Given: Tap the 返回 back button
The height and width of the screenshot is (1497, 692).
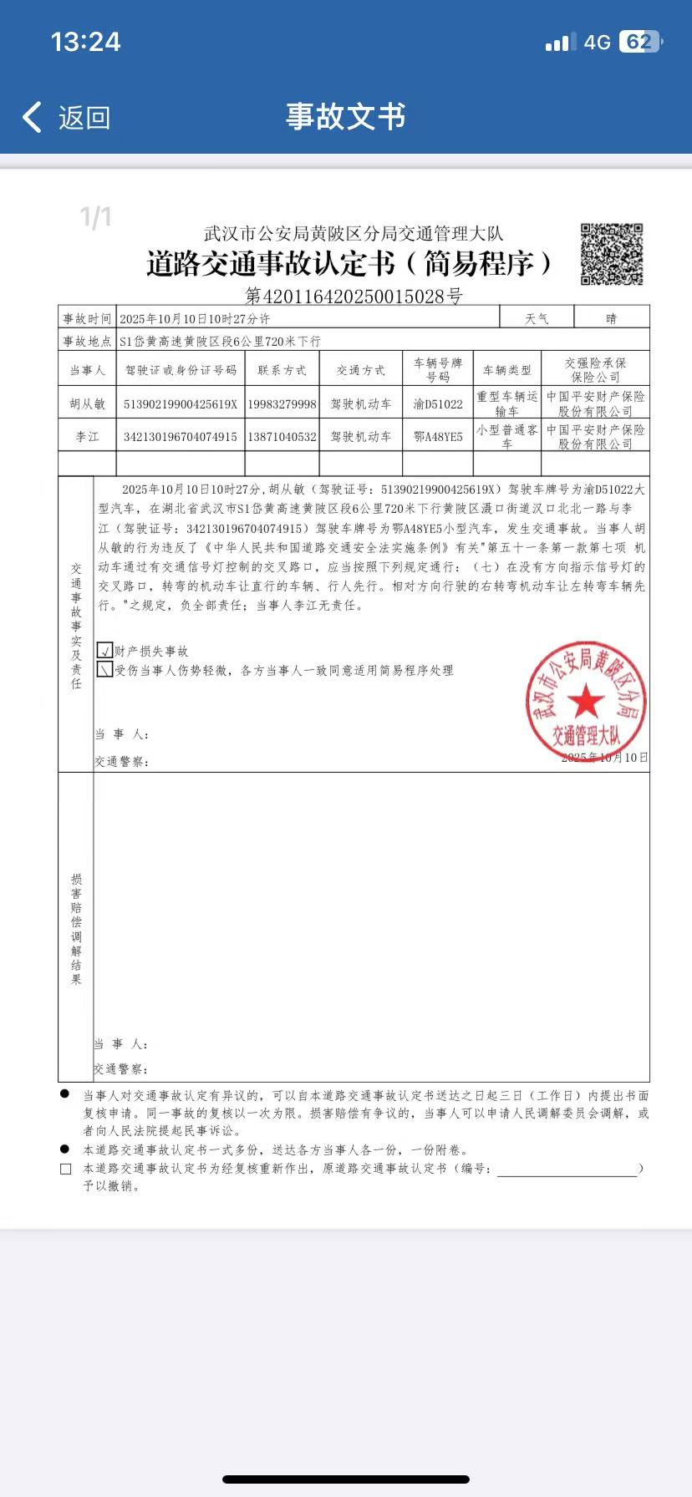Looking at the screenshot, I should [x=67, y=118].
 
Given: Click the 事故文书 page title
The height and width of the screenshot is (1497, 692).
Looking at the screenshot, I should [x=345, y=116].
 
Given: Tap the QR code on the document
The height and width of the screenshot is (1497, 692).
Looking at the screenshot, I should [x=612, y=254].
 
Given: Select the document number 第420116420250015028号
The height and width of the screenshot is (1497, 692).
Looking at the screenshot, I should [x=354, y=296].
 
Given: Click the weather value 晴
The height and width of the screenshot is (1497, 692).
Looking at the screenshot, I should [x=611, y=318].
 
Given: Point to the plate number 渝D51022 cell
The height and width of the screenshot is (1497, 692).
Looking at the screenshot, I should [x=438, y=403].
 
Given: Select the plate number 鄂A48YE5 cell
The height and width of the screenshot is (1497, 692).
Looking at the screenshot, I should [x=438, y=437].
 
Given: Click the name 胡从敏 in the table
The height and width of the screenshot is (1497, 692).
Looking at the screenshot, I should [x=88, y=403].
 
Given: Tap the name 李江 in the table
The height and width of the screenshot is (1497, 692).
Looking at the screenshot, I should [x=88, y=437].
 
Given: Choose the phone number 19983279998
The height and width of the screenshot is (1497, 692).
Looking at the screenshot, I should [x=282, y=403].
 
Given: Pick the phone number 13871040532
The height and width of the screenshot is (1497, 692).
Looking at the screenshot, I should [x=282, y=437].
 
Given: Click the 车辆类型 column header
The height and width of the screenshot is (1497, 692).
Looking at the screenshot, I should [x=506, y=370].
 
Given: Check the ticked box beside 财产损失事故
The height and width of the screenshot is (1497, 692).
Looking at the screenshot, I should [x=105, y=650].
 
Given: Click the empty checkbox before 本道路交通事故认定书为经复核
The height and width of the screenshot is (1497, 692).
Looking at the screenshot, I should [x=66, y=1169].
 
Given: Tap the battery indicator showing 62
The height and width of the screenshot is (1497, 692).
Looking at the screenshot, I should [x=639, y=42].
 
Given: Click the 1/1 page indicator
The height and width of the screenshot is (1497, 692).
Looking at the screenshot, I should [x=95, y=218].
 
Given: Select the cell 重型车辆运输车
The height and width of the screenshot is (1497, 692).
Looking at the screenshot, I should [x=506, y=403].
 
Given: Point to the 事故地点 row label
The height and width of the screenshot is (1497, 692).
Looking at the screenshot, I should [x=87, y=341].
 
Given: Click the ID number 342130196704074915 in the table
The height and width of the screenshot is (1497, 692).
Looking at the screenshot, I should [x=181, y=437].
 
